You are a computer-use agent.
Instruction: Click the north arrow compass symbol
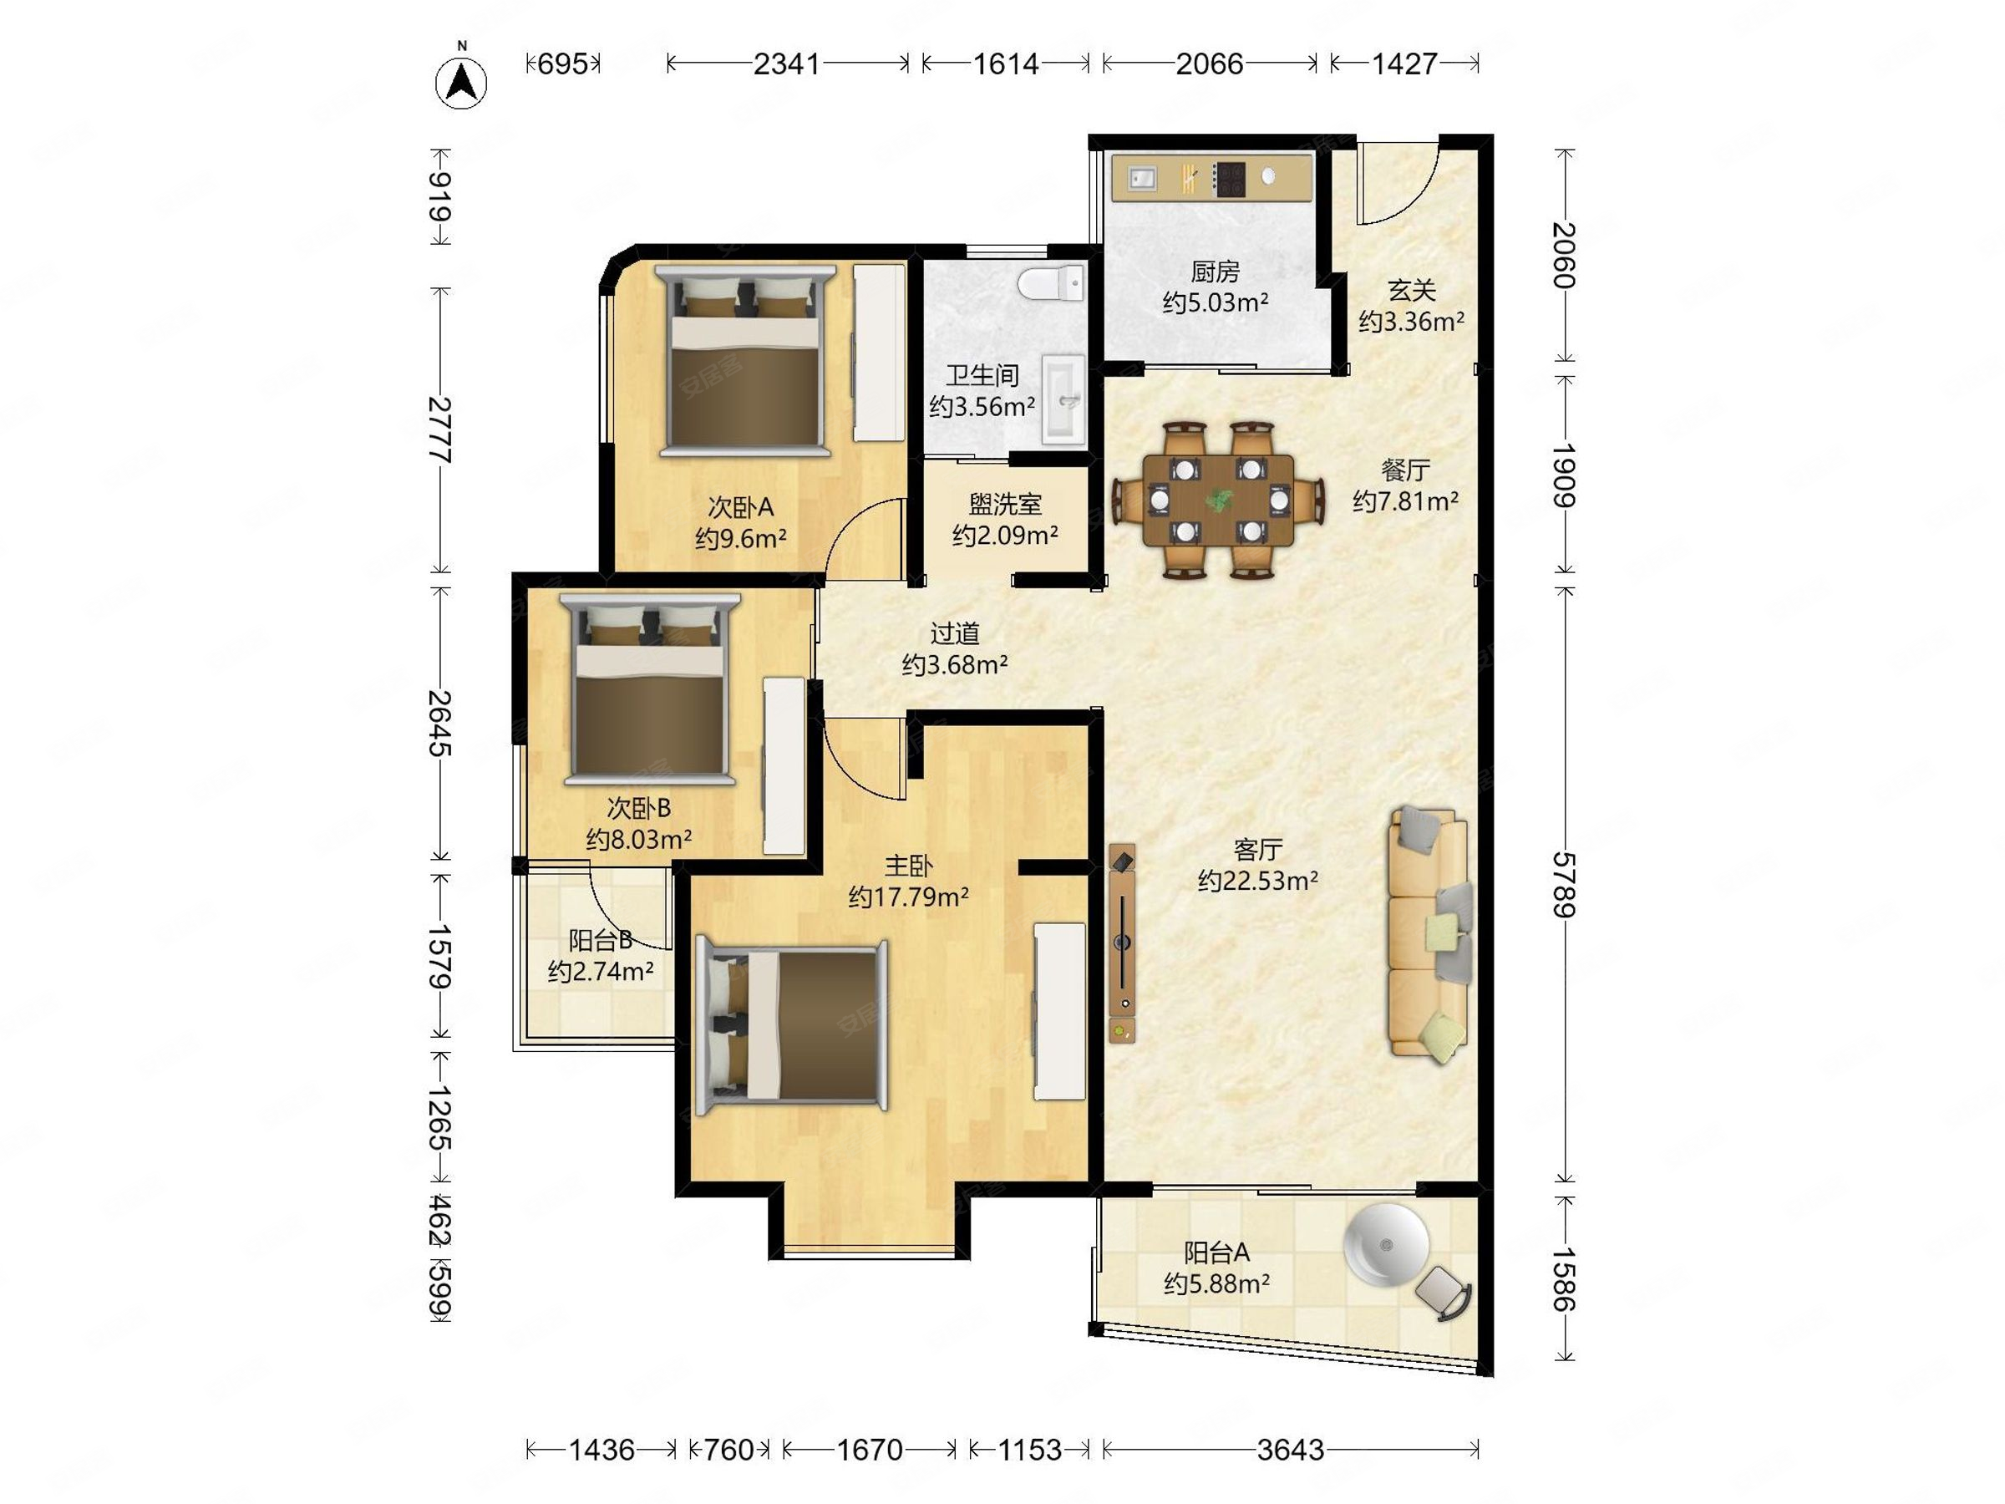click(461, 82)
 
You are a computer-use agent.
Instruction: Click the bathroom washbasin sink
click(1063, 399)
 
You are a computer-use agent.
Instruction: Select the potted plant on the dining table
click(1219, 499)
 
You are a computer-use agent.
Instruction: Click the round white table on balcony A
click(1386, 1245)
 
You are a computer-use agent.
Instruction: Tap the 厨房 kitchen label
click(1215, 270)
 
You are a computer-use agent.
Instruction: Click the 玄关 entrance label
click(1411, 290)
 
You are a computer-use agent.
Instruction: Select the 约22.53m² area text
click(1258, 881)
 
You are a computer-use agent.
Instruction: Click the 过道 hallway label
click(954, 633)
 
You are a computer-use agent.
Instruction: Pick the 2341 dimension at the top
click(787, 64)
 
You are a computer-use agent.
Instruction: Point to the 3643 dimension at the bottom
click(1291, 1451)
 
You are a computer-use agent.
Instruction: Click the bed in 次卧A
click(745, 360)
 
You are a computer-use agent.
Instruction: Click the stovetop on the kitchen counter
click(1230, 179)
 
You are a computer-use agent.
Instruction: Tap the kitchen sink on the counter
click(1142, 179)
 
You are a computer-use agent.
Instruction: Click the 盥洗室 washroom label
click(1005, 504)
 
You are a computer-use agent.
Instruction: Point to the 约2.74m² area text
click(601, 972)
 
